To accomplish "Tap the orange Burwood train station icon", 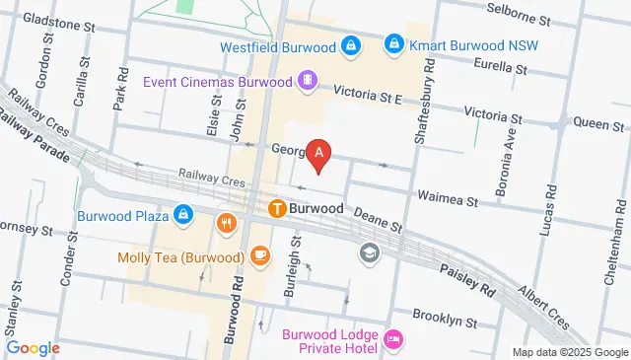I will pos(277,208).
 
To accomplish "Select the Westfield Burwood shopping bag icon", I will pos(349,44).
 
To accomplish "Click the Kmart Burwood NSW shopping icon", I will pos(394,43).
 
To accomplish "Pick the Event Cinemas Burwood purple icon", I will pos(308,80).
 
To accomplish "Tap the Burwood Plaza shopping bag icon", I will pos(183,213).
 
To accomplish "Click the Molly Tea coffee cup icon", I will pos(259,256).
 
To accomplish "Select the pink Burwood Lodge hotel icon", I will pos(393,339).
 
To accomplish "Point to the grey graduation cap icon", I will pos(369,253).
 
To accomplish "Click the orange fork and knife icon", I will pos(228,223).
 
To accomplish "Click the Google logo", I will pos(33,347).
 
